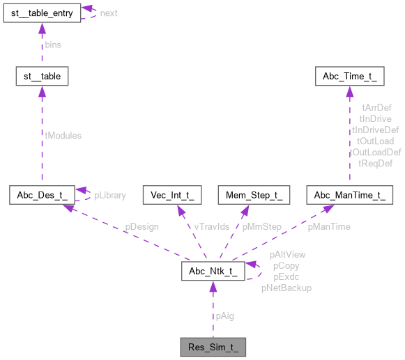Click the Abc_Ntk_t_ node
212,271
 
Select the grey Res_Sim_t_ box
212,345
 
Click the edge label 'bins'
53,44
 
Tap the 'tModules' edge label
63,136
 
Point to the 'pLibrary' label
110,195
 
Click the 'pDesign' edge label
142,226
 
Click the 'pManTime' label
329,226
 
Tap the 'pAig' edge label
224,315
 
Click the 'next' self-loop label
109,13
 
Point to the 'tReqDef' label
375,163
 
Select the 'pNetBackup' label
286,287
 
